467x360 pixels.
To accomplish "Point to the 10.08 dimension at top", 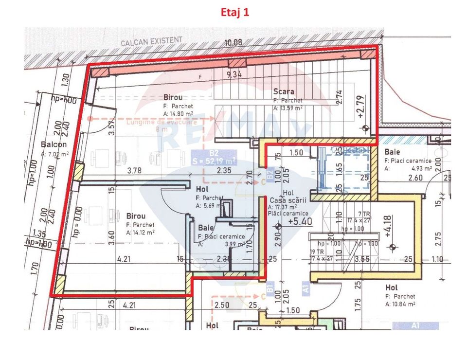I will point(233,43).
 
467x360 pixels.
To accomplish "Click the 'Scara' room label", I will point(284,91).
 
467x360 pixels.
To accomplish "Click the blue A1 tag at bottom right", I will point(415,325).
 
